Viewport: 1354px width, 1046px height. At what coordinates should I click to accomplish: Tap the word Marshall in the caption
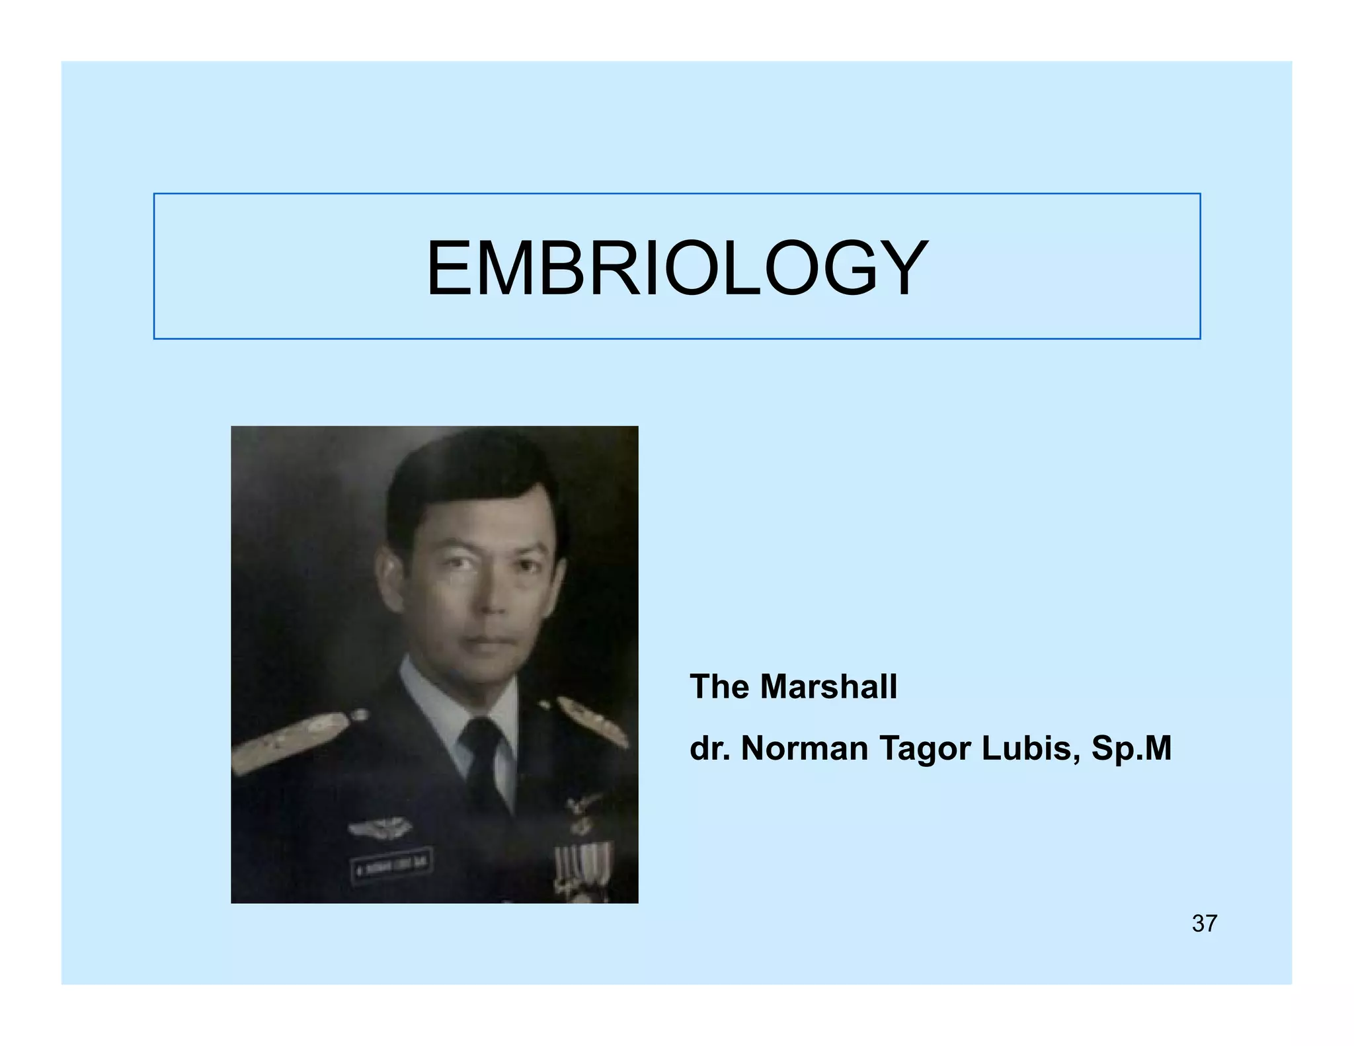click(x=828, y=686)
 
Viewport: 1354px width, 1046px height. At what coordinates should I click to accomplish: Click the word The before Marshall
click(x=720, y=686)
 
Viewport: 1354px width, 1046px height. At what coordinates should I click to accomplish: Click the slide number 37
click(x=1204, y=924)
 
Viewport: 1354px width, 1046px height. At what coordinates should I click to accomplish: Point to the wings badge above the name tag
click(x=380, y=826)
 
